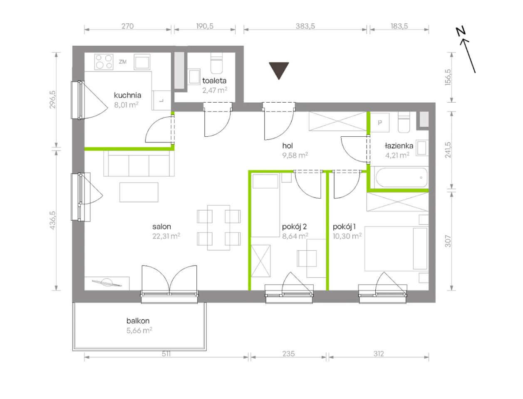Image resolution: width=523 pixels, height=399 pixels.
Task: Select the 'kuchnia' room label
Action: [x=127, y=96]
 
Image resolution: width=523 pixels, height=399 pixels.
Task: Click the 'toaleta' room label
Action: [x=214, y=81]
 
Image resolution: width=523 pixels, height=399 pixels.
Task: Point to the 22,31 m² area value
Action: [x=166, y=236]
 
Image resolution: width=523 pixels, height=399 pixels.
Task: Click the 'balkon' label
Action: [x=138, y=321]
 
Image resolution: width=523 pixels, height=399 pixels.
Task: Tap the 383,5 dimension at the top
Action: [x=305, y=26]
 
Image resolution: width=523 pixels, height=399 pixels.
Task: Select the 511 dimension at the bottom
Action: [x=166, y=354]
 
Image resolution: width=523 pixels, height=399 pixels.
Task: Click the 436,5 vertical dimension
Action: [x=52, y=220]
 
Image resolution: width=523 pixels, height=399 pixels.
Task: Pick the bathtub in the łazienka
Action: [x=402, y=178]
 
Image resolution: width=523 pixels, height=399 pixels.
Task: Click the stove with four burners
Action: [x=104, y=62]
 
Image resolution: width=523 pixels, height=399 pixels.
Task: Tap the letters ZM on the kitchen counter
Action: [x=123, y=62]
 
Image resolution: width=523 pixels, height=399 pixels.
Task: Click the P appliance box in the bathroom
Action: [x=380, y=122]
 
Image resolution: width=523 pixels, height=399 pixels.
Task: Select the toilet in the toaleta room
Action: [x=216, y=63]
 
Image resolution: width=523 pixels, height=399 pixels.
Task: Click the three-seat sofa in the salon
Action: [x=139, y=164]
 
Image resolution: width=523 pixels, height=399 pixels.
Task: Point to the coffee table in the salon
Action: [x=139, y=192]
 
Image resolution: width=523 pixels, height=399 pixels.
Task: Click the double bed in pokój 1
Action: [x=396, y=249]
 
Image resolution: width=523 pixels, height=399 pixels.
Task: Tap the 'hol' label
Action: [x=288, y=145]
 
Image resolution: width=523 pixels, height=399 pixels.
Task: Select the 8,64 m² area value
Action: [x=295, y=236]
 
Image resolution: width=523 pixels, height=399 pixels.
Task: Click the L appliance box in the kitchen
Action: [x=161, y=101]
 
